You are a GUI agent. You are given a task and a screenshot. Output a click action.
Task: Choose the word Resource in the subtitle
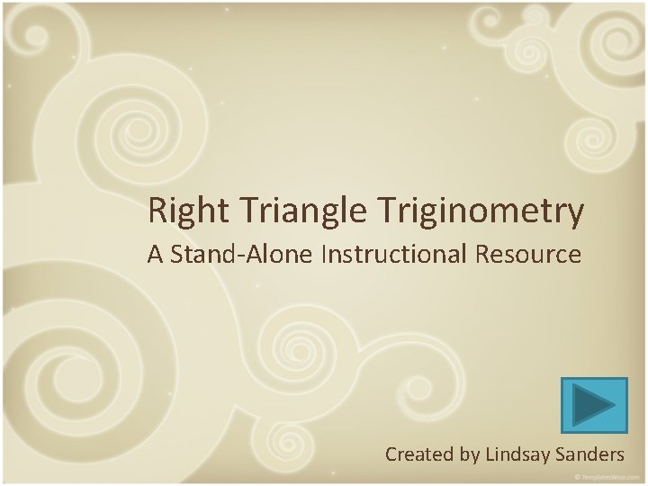536,255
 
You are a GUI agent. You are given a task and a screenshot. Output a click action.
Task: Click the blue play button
593,404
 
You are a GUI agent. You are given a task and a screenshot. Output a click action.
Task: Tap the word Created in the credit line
420,454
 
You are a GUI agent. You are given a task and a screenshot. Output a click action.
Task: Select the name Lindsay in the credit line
517,454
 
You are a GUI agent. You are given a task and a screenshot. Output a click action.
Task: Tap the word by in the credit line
468,454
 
